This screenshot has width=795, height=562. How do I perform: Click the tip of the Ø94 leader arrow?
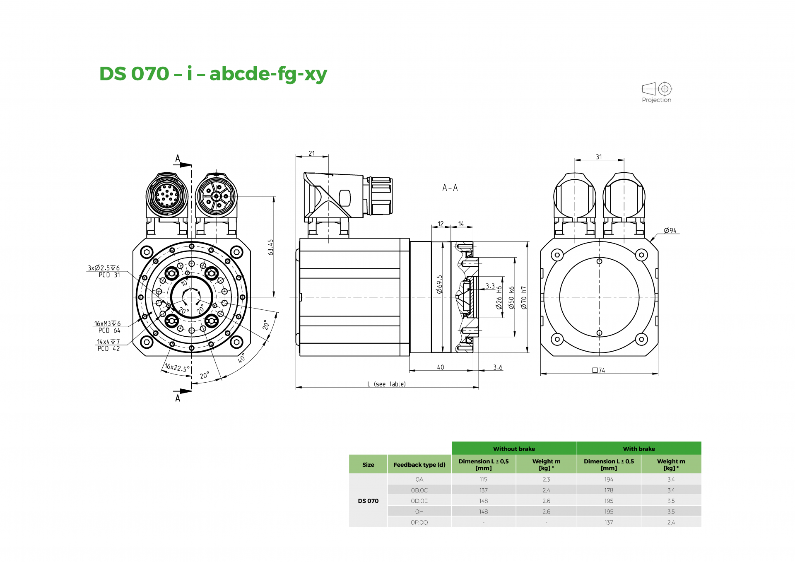click(x=650, y=241)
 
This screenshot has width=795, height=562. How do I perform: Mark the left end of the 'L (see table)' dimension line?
click(x=296, y=388)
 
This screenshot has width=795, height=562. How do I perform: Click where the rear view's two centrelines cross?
click(x=599, y=297)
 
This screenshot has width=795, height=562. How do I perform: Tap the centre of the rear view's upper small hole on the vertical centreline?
click(x=599, y=261)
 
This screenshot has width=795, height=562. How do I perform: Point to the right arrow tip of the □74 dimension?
click(x=658, y=374)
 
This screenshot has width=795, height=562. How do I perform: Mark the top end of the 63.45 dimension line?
click(x=274, y=196)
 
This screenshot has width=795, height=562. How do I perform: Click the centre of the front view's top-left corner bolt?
click(x=147, y=252)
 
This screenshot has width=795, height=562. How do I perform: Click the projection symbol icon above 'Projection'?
click(x=657, y=89)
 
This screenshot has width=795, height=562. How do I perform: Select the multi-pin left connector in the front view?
click(x=167, y=195)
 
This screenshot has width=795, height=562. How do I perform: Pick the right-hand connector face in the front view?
click(x=216, y=195)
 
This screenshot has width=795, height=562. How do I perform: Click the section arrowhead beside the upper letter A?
click(x=186, y=165)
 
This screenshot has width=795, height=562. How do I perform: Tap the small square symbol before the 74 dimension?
click(x=595, y=370)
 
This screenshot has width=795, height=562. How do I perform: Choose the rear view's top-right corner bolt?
click(x=641, y=255)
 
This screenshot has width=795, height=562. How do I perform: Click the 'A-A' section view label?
click(x=450, y=188)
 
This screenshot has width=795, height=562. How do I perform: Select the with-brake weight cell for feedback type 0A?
click(x=671, y=479)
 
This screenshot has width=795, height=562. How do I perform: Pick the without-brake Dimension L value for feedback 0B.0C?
click(x=483, y=490)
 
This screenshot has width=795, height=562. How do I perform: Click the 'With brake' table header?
click(x=639, y=449)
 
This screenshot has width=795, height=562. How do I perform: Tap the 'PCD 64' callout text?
click(x=109, y=330)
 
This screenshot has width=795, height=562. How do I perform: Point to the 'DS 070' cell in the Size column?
click(x=368, y=501)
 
